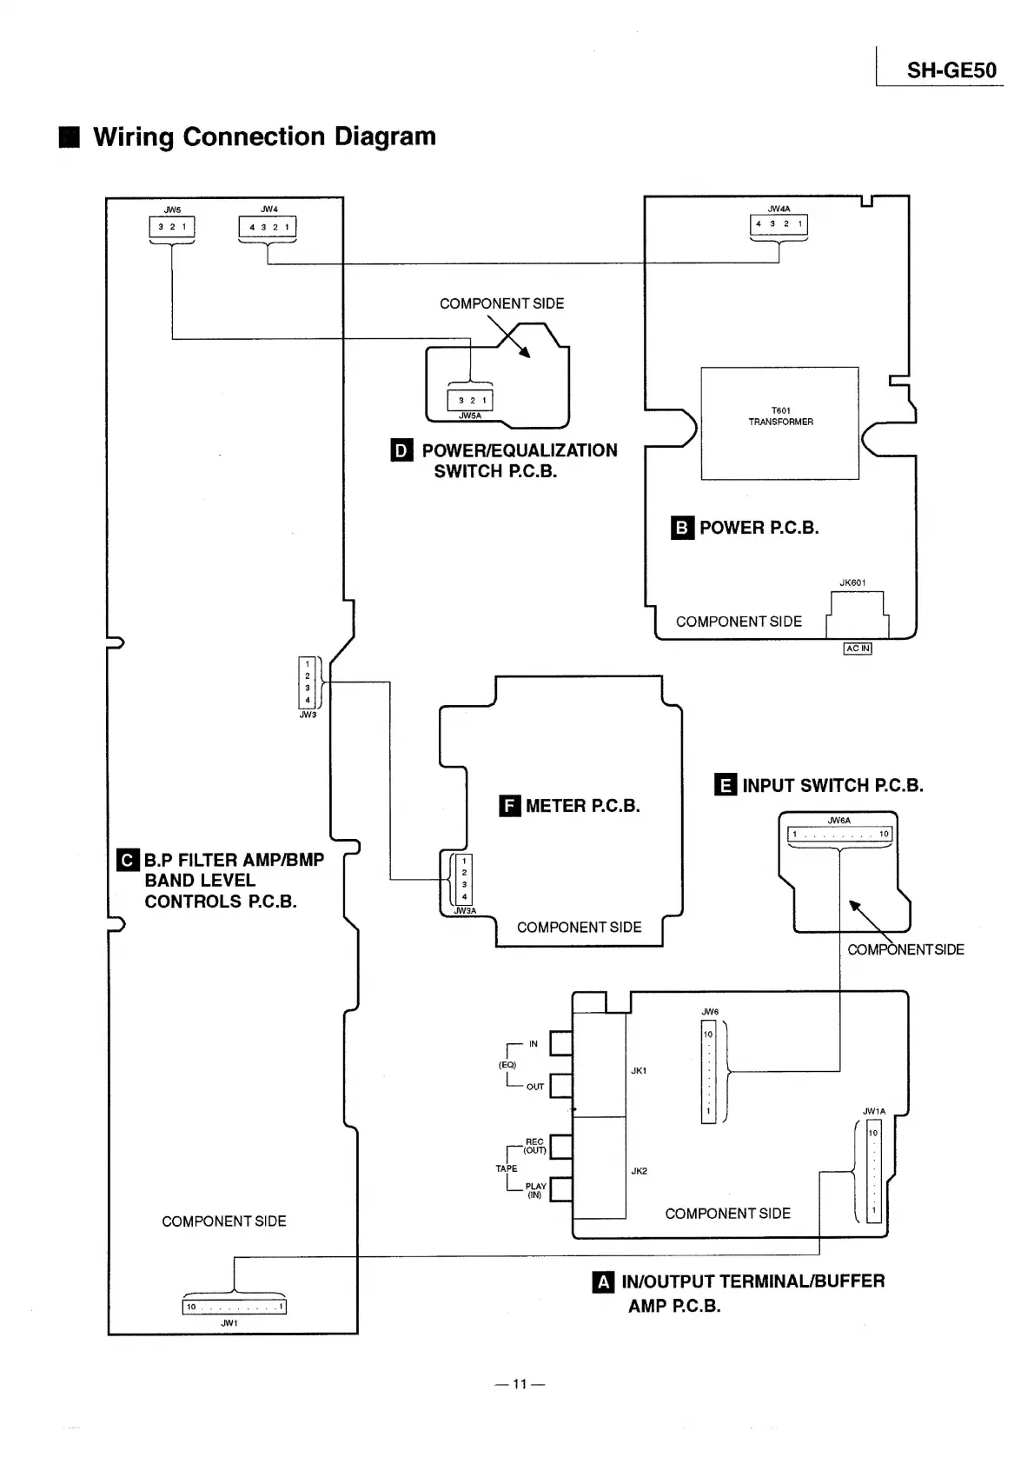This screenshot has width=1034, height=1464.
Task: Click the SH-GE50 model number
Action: [x=951, y=70]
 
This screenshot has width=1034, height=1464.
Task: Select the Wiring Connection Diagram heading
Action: [x=263, y=136]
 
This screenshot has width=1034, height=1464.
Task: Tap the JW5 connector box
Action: [x=172, y=227]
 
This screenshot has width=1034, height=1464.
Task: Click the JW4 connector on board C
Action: [x=268, y=228]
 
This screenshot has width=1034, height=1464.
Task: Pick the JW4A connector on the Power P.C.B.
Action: [x=779, y=224]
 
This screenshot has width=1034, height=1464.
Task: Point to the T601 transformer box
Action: [x=779, y=423]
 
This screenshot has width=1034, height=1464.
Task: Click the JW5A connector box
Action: [x=469, y=400]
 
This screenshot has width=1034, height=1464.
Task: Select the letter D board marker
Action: [x=401, y=450]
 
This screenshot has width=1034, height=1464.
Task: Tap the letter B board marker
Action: [x=682, y=528]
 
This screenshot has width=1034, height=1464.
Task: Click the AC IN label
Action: [x=857, y=649]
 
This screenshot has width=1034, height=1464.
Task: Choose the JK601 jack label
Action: [x=852, y=582]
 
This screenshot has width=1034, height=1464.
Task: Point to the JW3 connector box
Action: [x=307, y=682]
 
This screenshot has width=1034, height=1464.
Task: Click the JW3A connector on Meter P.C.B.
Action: [x=464, y=879]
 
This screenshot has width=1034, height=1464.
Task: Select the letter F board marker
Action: [x=510, y=806]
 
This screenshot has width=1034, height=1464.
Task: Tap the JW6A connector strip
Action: [x=839, y=835]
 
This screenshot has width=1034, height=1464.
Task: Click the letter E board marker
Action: [x=726, y=786]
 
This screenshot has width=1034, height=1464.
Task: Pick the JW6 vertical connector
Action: [x=708, y=1071]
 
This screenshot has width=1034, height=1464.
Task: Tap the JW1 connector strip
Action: [x=234, y=1307]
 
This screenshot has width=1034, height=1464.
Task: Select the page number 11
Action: [x=520, y=1384]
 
